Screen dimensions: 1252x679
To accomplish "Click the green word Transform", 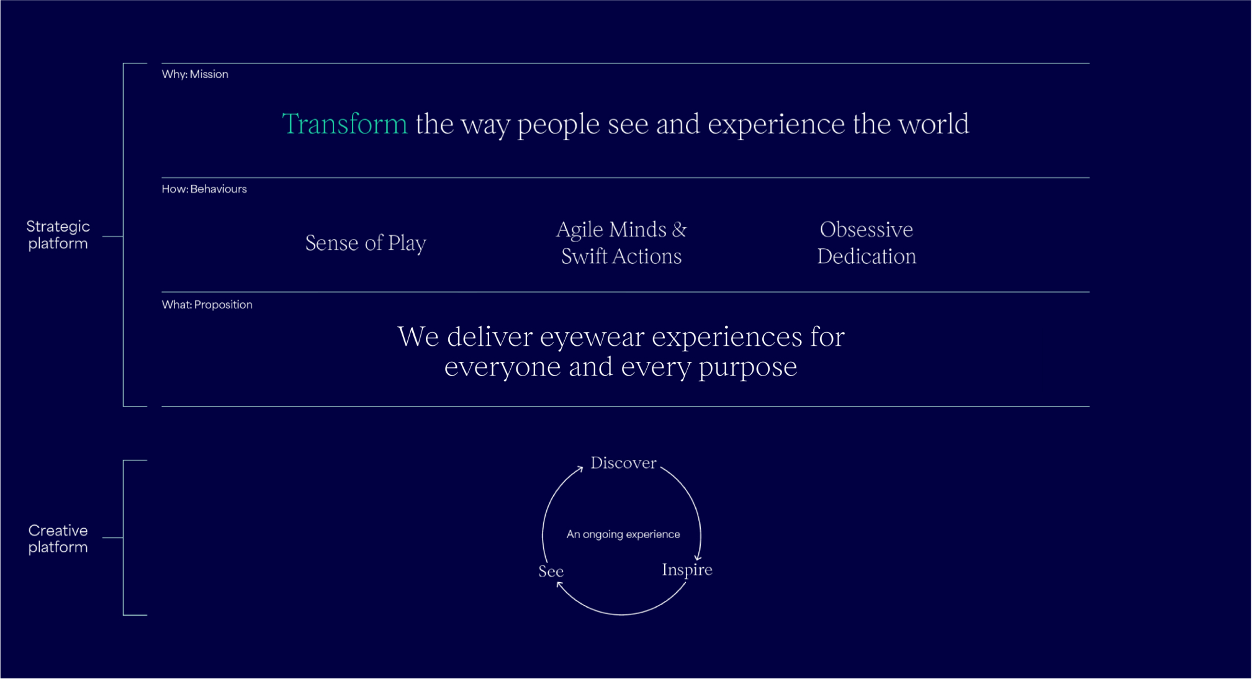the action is tap(345, 124).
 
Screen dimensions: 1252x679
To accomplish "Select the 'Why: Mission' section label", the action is tap(195, 74).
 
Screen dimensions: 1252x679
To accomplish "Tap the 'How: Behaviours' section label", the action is tap(204, 189).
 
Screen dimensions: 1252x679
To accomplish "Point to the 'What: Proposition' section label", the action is tap(207, 305).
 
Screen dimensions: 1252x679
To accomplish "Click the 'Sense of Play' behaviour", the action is tap(366, 243).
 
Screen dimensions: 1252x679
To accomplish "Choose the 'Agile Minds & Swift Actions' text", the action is tap(621, 243).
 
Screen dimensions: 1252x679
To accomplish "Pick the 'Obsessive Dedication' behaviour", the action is tap(867, 243).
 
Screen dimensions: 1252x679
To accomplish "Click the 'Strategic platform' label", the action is tap(58, 235).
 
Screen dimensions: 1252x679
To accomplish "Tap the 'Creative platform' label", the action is tap(58, 538).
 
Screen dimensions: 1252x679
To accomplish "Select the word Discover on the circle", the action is tap(623, 463).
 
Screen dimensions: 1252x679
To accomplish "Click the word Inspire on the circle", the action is tap(687, 570).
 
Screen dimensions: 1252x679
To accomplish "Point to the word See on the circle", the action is tap(551, 572).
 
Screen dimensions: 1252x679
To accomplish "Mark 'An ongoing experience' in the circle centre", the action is tap(623, 534).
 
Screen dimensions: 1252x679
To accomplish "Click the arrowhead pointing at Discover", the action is tap(580, 469).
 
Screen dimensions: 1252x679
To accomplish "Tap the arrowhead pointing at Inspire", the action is tap(698, 557).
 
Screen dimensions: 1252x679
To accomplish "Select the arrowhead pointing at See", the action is tap(560, 585).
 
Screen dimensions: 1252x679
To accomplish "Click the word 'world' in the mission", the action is tap(934, 124).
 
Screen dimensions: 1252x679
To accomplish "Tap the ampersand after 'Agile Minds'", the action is tap(679, 230).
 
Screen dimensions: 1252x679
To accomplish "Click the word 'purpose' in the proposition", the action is tap(747, 367).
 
